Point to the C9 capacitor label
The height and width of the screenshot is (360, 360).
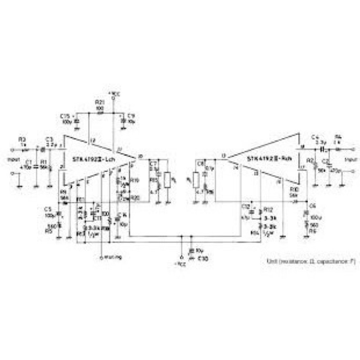point(131,116)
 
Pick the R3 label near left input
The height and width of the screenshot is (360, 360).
point(22,139)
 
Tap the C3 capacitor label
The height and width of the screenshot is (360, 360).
point(49,139)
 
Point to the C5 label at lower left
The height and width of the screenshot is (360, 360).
point(48,208)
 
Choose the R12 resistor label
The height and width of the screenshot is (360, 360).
point(268,210)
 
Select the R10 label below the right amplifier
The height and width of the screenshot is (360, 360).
point(295,189)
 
